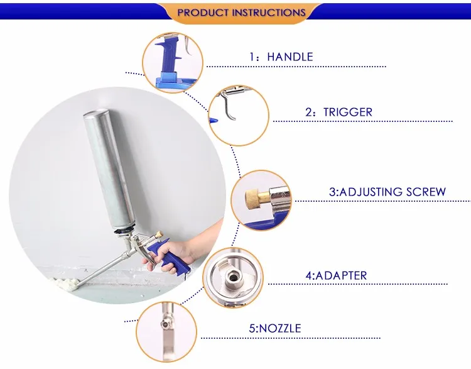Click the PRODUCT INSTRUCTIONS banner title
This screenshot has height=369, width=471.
click(x=242, y=13)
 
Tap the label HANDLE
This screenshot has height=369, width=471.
click(x=290, y=57)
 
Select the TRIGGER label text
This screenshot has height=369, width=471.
click(x=347, y=112)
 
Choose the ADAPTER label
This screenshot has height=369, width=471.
click(x=341, y=275)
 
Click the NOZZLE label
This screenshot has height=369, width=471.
click(x=280, y=328)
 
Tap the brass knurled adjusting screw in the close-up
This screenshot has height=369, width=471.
click(x=252, y=198)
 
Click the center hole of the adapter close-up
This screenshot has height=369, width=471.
click(x=232, y=276)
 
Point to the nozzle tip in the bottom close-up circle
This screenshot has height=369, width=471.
click(x=166, y=324)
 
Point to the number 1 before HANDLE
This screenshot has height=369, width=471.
click(x=252, y=57)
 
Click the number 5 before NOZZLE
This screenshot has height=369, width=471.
click(x=252, y=328)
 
